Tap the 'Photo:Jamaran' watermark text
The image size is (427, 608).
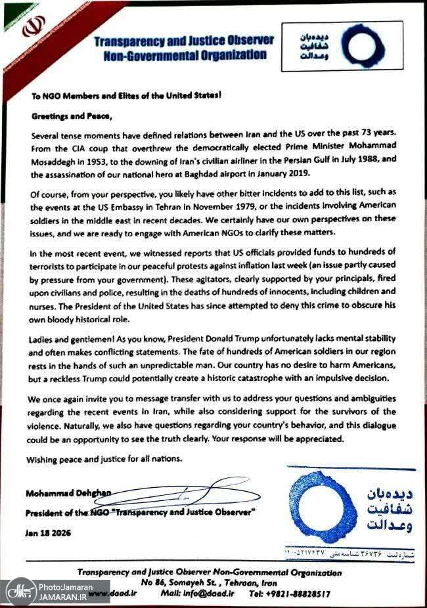tap(65, 587)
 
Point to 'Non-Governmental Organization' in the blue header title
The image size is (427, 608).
tap(185, 56)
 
